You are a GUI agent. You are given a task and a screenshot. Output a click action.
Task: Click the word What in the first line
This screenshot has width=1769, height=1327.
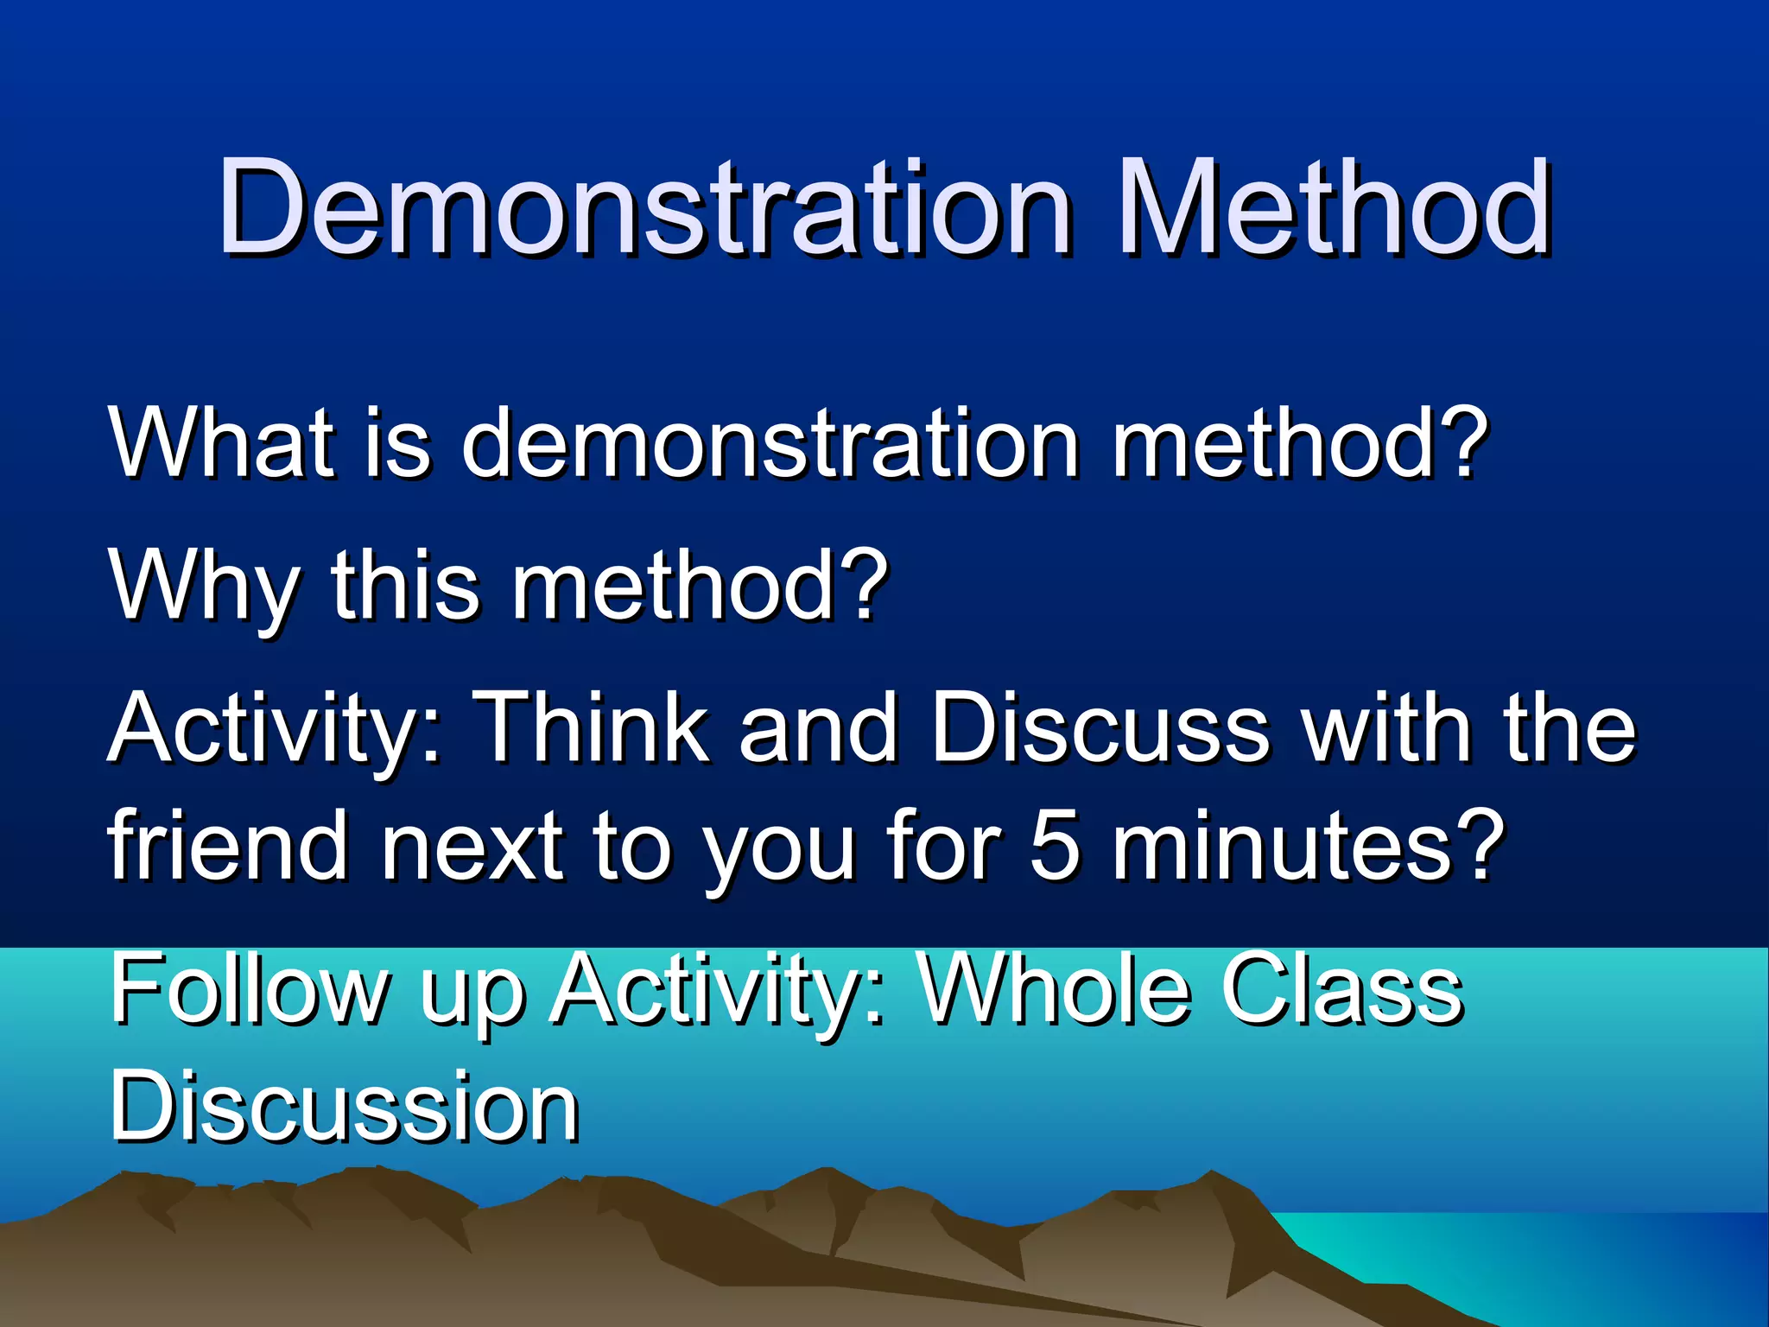221,442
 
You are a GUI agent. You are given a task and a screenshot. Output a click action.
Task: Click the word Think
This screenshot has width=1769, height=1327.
594,727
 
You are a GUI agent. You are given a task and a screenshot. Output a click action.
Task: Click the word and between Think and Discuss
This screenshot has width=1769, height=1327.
817,727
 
